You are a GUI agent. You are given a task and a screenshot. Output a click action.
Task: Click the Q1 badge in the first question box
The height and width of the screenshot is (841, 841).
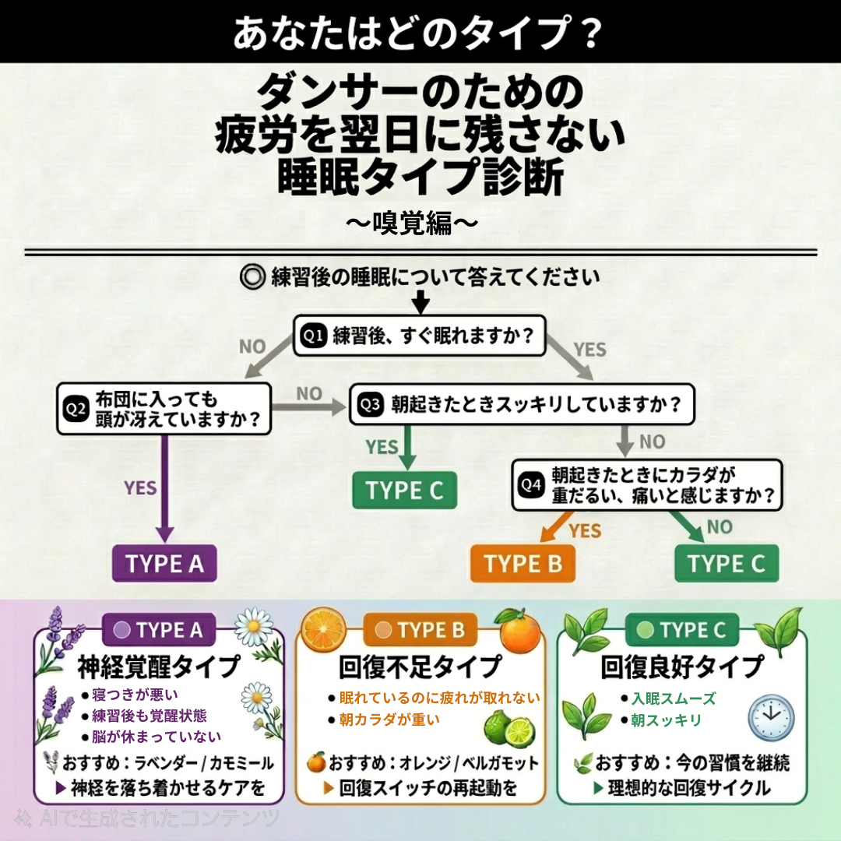click(313, 336)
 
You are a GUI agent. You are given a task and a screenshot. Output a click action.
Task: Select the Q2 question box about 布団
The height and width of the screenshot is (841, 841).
click(164, 409)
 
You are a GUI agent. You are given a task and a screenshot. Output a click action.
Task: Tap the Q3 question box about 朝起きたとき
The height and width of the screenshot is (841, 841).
click(521, 405)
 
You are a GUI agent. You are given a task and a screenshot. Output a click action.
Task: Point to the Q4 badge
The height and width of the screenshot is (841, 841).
click(530, 485)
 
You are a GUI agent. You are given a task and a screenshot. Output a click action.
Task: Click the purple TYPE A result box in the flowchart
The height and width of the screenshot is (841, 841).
click(164, 564)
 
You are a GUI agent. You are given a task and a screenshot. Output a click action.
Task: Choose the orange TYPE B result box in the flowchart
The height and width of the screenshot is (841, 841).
click(523, 564)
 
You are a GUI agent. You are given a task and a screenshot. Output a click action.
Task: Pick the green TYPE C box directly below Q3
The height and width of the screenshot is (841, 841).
click(404, 491)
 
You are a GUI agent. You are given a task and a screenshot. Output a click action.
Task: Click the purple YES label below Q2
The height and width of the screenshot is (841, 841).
click(140, 488)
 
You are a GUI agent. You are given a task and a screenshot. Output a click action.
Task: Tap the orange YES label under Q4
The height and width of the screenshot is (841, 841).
click(585, 531)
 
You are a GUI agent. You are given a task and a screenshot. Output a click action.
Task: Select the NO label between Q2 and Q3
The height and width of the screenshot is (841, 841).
click(309, 394)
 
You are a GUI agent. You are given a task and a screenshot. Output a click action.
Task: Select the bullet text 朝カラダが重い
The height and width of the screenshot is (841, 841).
click(389, 720)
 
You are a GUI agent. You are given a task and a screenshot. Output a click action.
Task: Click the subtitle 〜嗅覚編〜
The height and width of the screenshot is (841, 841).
click(411, 223)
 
